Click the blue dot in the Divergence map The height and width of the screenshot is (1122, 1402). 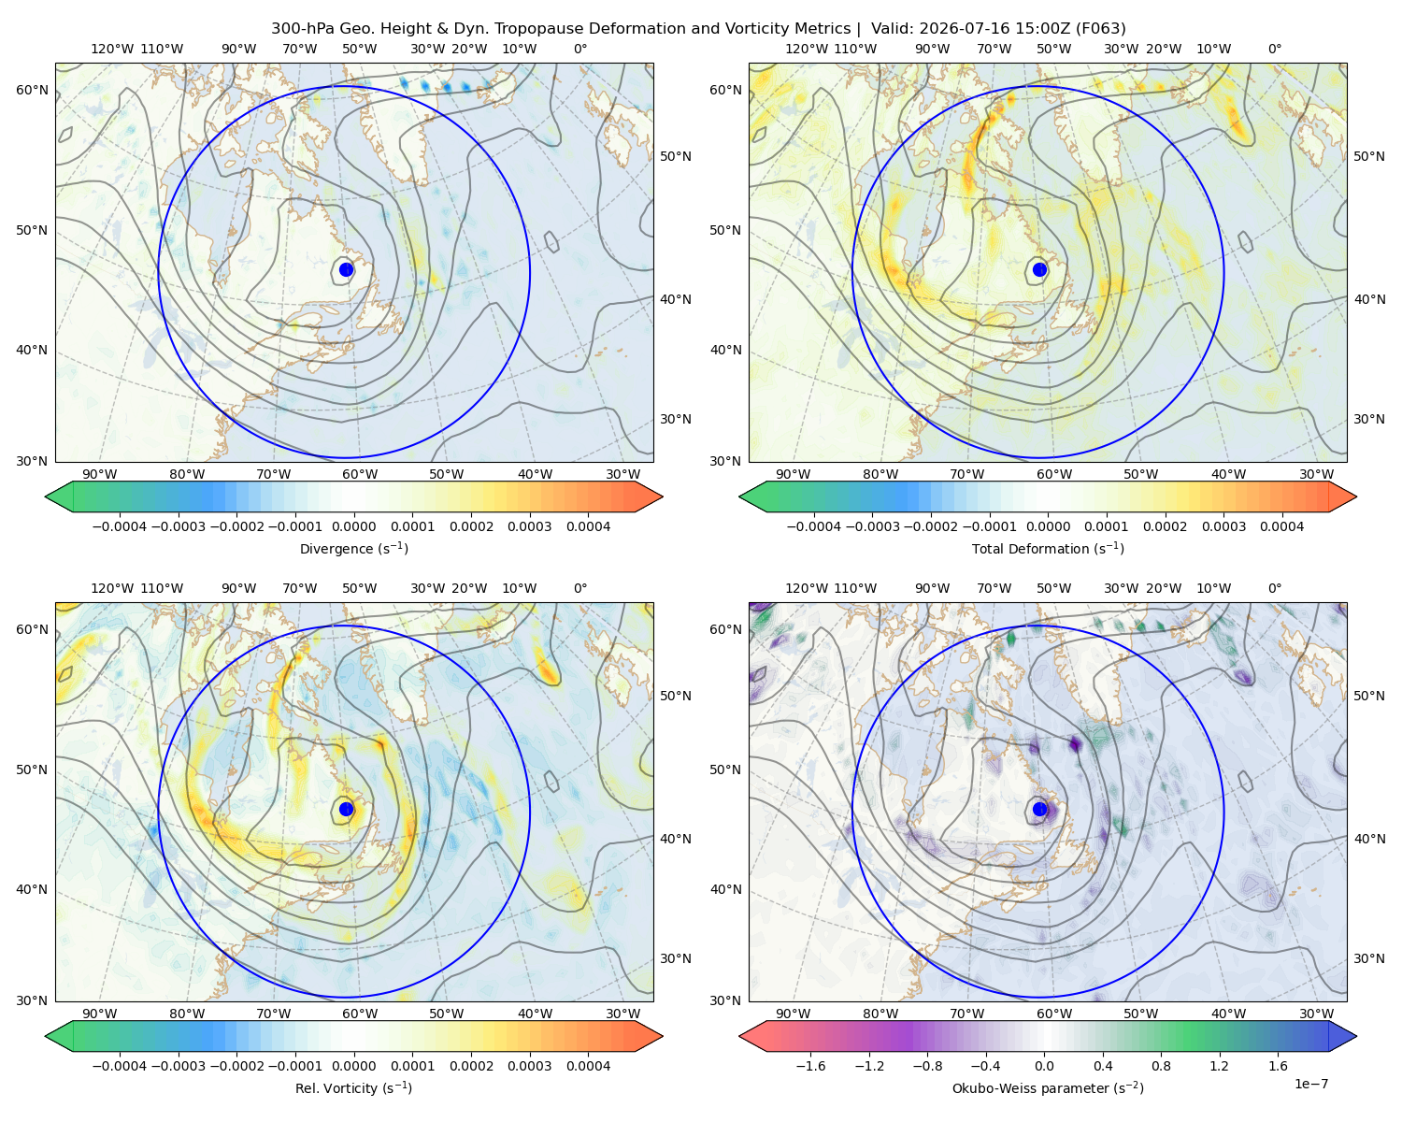tap(346, 269)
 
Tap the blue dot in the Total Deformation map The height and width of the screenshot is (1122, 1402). tap(1039, 269)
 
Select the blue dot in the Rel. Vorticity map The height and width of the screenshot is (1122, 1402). tap(346, 809)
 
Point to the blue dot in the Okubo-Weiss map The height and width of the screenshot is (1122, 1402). tap(1039, 809)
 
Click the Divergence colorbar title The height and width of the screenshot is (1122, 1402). tap(353, 548)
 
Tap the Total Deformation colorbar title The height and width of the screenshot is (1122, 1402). tap(1048, 548)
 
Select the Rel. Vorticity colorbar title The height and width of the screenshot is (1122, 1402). tap(353, 1087)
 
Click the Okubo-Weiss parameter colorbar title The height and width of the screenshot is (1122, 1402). tap(1048, 1087)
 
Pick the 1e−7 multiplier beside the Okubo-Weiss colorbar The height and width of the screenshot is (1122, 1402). tap(1310, 1084)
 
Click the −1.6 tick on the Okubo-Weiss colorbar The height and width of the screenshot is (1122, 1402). tap(810, 1065)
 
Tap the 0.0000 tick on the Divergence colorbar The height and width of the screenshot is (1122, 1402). tap(353, 526)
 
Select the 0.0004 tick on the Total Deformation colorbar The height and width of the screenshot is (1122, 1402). tap(1281, 526)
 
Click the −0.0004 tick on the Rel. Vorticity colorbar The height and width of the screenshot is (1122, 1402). tap(120, 1065)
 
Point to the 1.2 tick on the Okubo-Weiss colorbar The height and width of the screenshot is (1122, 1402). tap(1219, 1065)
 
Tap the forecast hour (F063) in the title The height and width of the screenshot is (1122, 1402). tap(1100, 29)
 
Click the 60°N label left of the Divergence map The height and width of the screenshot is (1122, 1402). tap(32, 90)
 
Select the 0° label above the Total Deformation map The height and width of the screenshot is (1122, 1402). tap(1274, 49)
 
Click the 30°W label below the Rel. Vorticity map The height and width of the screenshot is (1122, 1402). tap(622, 1014)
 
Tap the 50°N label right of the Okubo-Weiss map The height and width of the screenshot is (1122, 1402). tap(1368, 696)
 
